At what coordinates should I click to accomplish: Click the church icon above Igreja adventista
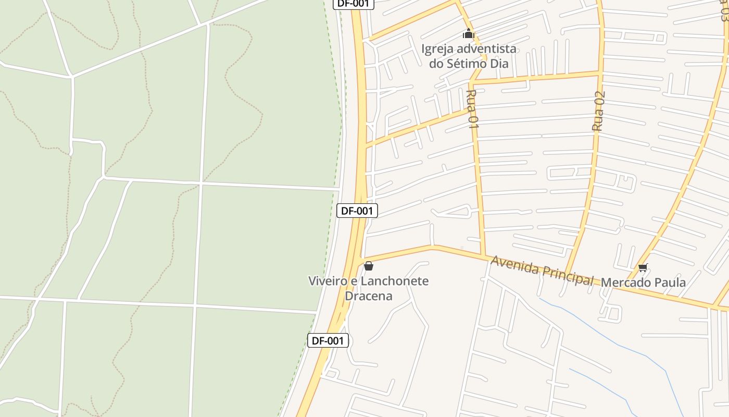tap(469, 34)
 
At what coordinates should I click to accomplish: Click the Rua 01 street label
tap(472, 108)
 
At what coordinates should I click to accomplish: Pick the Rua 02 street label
tap(599, 111)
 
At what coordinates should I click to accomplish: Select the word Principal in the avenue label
tap(567, 276)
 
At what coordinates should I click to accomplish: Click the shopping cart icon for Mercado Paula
tap(643, 268)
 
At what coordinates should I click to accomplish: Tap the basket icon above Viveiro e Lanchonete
tap(369, 266)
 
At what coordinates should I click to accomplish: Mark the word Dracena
tap(368, 296)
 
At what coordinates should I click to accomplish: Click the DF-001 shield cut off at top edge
tap(354, 3)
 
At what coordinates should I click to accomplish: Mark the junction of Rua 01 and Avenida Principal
tap(483, 255)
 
